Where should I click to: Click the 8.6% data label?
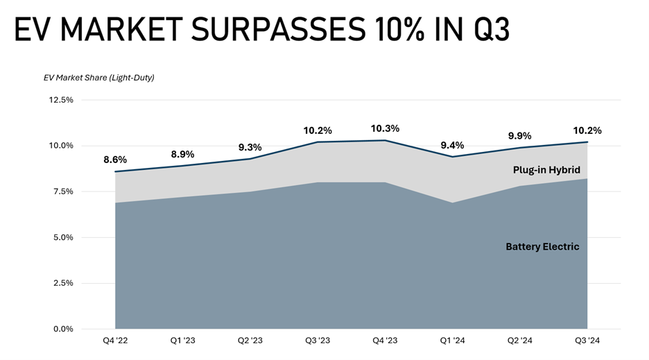pyautogui.click(x=115, y=160)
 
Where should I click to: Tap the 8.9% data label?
pyautogui.click(x=182, y=154)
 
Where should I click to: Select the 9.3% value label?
pyautogui.click(x=250, y=147)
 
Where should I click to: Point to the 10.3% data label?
pyautogui.click(x=385, y=129)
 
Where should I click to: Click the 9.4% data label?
pyautogui.click(x=452, y=145)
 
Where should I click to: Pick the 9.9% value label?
pyautogui.click(x=520, y=136)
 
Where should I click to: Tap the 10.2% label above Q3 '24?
pyautogui.click(x=587, y=130)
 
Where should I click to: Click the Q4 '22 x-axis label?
pyautogui.click(x=115, y=342)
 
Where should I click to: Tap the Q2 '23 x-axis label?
pyautogui.click(x=250, y=342)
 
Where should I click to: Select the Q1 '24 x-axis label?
pyautogui.click(x=452, y=342)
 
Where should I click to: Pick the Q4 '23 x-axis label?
pyautogui.click(x=385, y=342)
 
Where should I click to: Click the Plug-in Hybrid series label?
pyautogui.click(x=546, y=170)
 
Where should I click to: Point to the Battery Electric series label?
pyautogui.click(x=542, y=246)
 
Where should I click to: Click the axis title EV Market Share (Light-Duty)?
pyautogui.click(x=98, y=77)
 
